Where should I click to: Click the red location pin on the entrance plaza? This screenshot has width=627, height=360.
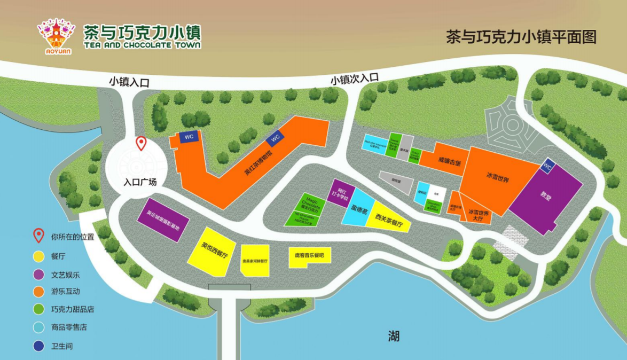coord(141,143)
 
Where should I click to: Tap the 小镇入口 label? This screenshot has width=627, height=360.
coord(129,82)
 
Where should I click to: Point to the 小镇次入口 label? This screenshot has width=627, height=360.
coord(354,79)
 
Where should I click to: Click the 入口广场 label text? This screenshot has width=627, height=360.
coord(140,182)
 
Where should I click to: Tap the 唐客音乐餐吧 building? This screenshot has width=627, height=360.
coord(309,256)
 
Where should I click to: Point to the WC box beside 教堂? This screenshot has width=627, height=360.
coord(547,167)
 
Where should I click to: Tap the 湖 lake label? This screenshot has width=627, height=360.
coord(394,336)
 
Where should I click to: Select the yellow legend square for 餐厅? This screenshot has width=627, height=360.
coord(39,256)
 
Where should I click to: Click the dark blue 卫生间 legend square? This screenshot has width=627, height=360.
coord(39,346)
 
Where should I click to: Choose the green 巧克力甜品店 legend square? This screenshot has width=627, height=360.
coord(39,310)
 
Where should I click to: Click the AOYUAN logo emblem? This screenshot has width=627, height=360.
coord(56,35)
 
